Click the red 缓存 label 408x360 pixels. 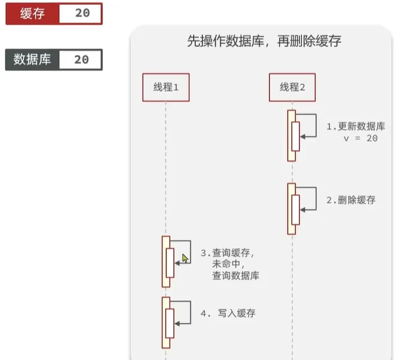click(32, 14)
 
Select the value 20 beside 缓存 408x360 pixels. click(82, 13)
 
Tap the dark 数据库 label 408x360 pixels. click(32, 60)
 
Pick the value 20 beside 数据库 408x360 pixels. click(82, 60)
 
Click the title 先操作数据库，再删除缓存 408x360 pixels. click(264, 41)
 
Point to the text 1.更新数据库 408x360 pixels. click(355, 127)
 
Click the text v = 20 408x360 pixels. click(361, 139)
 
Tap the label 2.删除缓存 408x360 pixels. click(351, 200)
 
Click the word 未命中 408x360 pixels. click(226, 264)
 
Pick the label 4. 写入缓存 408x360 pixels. click(228, 313)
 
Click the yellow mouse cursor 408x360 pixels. click(185, 259)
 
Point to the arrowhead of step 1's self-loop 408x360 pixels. click(303, 137)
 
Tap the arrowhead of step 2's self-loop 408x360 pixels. click(303, 210)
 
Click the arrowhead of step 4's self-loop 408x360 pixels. click(177, 324)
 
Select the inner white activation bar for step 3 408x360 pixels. click(170, 263)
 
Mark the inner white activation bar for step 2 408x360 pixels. click(296, 210)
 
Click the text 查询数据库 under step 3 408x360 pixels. click(236, 276)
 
